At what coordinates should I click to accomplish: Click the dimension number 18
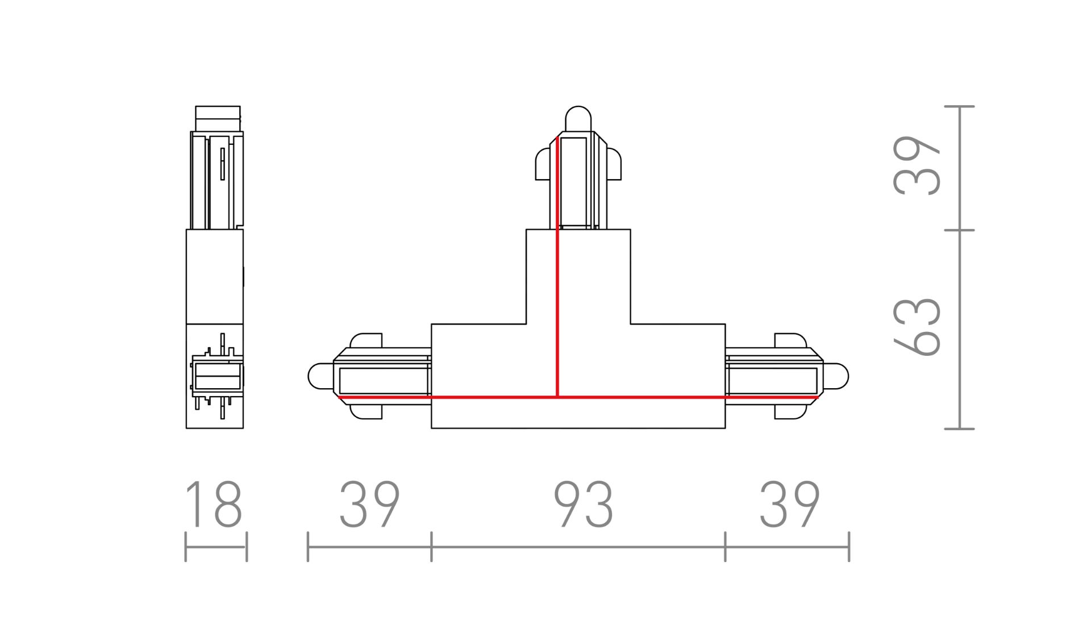coord(214,504)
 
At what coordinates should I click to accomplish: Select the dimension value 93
coord(584,504)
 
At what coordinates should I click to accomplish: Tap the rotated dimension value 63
coord(917,327)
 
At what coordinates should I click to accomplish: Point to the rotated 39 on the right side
coord(917,166)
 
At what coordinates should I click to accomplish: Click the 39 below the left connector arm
coord(369,504)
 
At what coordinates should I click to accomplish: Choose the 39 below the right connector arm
coord(789,504)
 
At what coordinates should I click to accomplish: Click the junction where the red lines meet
coord(557,397)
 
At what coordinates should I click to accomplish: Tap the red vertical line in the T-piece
coord(557,267)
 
